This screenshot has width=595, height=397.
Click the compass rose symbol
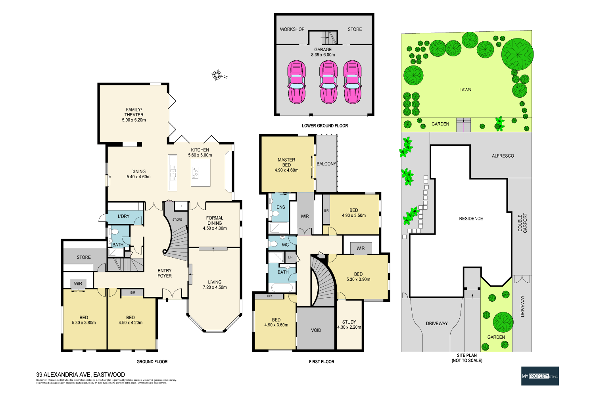pyautogui.click(x=217, y=75)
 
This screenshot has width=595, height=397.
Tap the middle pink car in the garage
pyautogui.click(x=328, y=82)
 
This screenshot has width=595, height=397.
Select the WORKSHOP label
pyautogui.click(x=292, y=29)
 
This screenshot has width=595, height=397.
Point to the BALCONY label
pyautogui.click(x=326, y=164)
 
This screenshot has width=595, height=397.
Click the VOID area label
pyautogui.click(x=316, y=330)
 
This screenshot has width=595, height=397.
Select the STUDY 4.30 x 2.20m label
pyautogui.click(x=349, y=325)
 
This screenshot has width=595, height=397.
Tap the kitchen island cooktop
pyautogui.click(x=196, y=172)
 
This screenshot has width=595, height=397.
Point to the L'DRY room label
pyautogui.click(x=123, y=216)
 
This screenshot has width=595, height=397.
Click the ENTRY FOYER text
pyautogui.click(x=165, y=273)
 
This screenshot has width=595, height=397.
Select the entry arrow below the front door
pyautogui.click(x=167, y=300)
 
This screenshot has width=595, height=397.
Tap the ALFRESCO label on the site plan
pyautogui.click(x=503, y=156)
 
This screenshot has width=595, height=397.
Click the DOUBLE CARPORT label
pyautogui.click(x=522, y=223)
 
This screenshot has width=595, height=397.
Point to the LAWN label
pyautogui.click(x=465, y=90)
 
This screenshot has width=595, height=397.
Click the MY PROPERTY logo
pyautogui.click(x=539, y=376)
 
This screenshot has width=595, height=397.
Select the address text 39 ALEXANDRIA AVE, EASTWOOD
pyautogui.click(x=81, y=374)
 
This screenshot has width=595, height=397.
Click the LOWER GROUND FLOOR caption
pyautogui.click(x=324, y=125)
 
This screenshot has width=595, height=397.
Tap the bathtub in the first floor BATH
pyautogui.click(x=281, y=288)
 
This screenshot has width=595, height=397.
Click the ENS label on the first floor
pyautogui.click(x=280, y=207)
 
